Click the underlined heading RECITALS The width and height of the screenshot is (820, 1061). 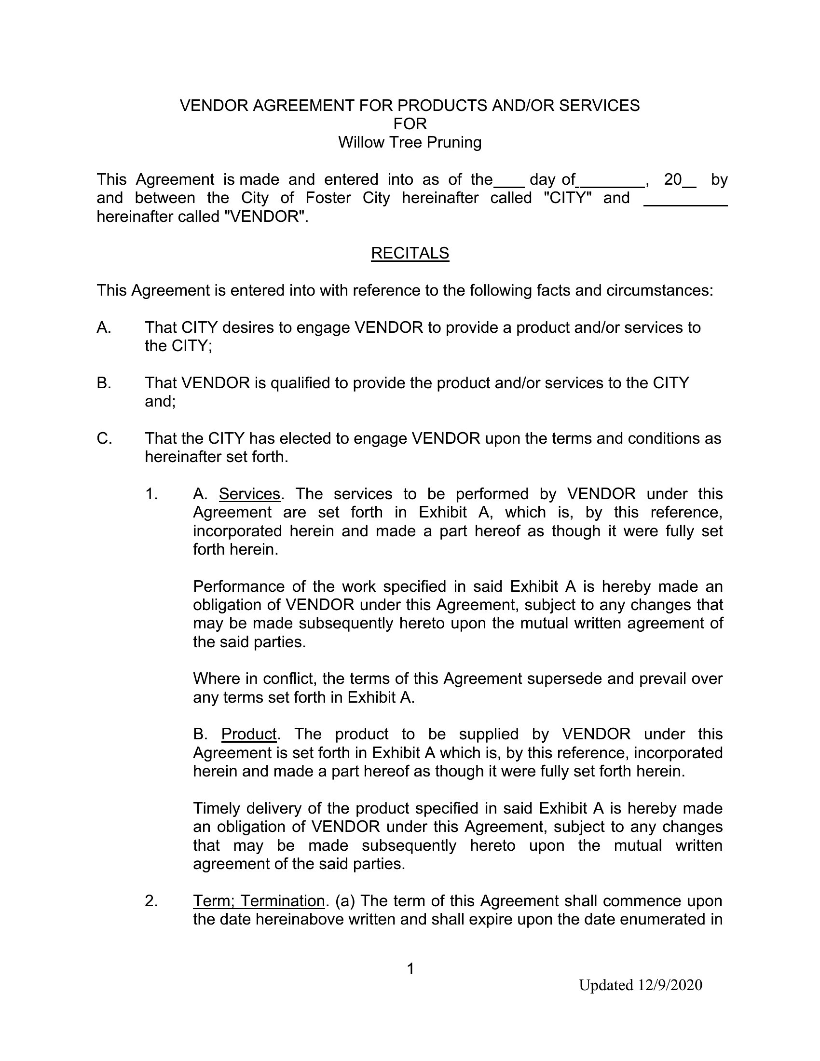pyautogui.click(x=410, y=253)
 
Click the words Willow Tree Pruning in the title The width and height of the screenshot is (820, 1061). pyautogui.click(x=410, y=142)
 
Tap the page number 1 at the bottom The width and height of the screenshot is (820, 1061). pyautogui.click(x=410, y=969)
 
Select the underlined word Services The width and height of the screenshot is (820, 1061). pyautogui.click(x=249, y=494)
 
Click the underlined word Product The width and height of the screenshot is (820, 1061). pyautogui.click(x=249, y=734)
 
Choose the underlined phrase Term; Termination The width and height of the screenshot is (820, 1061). pyautogui.click(x=259, y=901)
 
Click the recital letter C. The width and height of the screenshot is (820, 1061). pyautogui.click(x=104, y=439)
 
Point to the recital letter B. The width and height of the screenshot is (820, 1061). pyautogui.click(x=104, y=383)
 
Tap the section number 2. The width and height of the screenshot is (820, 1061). pyautogui.click(x=151, y=901)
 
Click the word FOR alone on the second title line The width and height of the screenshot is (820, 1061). pyautogui.click(x=410, y=124)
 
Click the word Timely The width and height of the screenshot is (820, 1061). pyautogui.click(x=217, y=808)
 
